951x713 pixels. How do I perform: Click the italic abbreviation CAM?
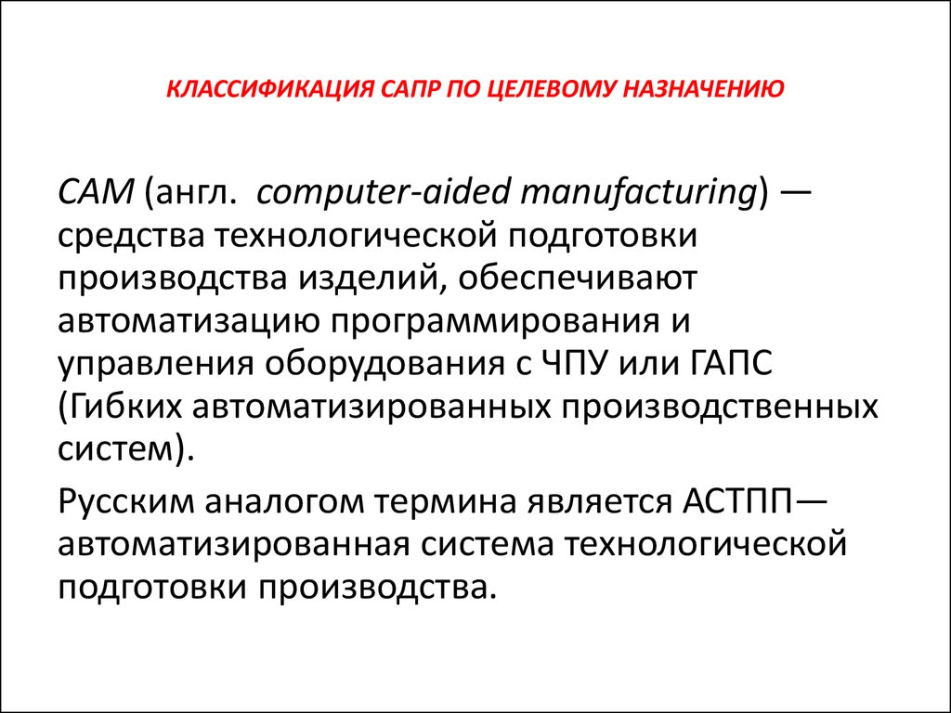(x=96, y=193)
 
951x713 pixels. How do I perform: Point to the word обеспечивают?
(x=578, y=279)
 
